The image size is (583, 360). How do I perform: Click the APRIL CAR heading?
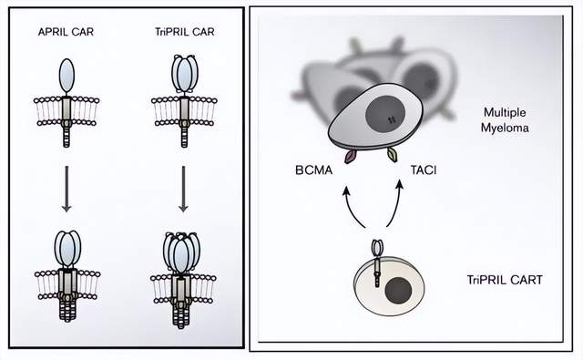pyautogui.click(x=66, y=32)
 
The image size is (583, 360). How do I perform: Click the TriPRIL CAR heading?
pyautogui.click(x=185, y=32)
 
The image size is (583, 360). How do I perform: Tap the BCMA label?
pyautogui.click(x=313, y=170)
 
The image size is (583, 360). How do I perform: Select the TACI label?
pyautogui.click(x=424, y=170)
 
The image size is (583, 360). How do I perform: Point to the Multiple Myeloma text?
pyautogui.click(x=505, y=120)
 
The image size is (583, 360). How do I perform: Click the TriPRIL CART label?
pyautogui.click(x=505, y=280)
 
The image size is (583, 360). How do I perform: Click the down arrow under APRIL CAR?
pyautogui.click(x=66, y=189)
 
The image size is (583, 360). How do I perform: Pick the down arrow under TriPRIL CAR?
pyautogui.click(x=183, y=189)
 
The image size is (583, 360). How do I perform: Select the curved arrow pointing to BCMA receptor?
pyautogui.click(x=352, y=206)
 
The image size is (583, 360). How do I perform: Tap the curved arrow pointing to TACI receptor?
pyautogui.click(x=397, y=204)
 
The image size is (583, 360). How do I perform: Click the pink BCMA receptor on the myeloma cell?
pyautogui.click(x=350, y=157)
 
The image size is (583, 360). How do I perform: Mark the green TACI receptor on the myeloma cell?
pyautogui.click(x=393, y=154)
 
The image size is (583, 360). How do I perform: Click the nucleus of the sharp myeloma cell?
pyautogui.click(x=385, y=114)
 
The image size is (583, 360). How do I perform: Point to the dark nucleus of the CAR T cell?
pyautogui.click(x=399, y=292)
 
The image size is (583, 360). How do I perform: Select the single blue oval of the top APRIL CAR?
pyautogui.click(x=66, y=76)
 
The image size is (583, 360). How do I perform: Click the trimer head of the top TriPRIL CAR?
pyautogui.click(x=184, y=74)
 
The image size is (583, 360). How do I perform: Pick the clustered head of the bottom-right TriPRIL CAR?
pyautogui.click(x=181, y=252)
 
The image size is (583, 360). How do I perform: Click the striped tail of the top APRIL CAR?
pyautogui.click(x=66, y=136)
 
